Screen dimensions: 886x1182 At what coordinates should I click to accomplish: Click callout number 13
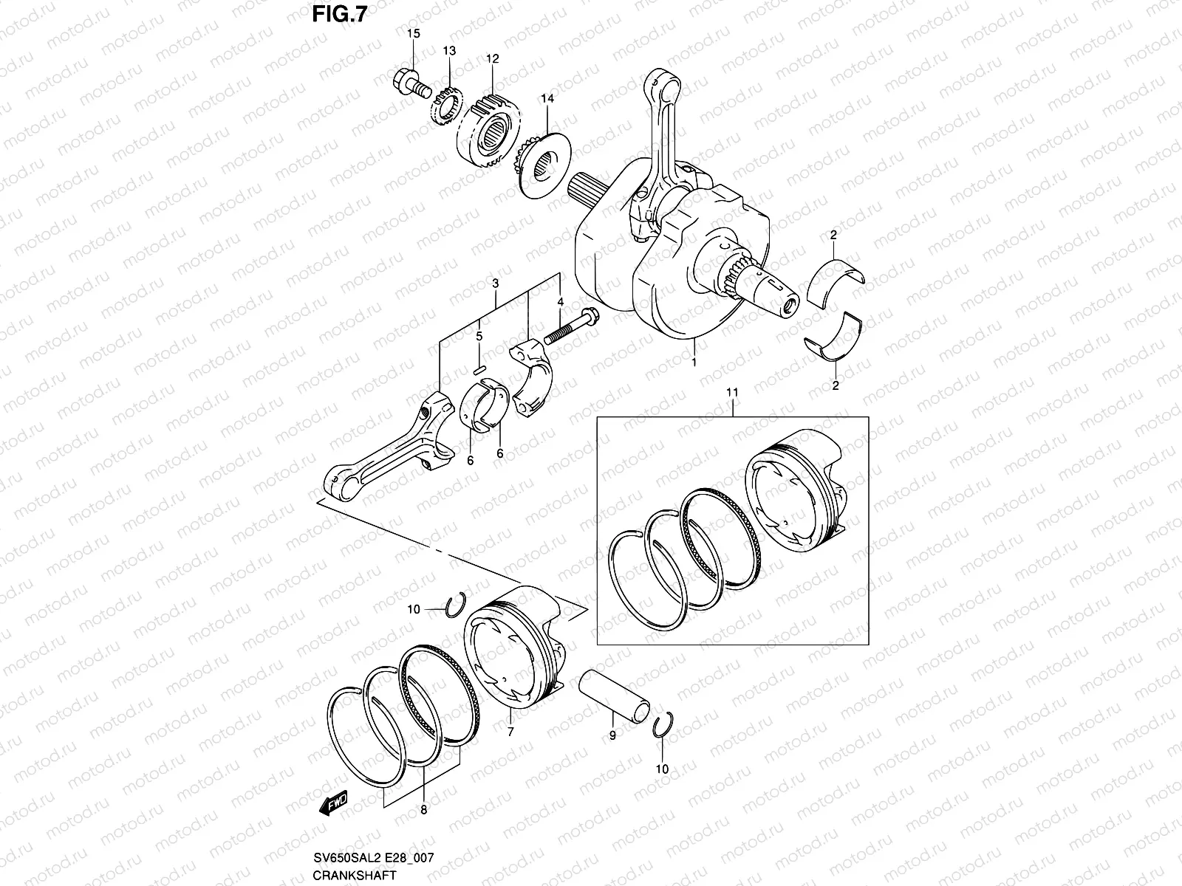tap(449, 50)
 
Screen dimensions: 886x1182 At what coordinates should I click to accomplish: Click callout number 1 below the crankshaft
tap(694, 363)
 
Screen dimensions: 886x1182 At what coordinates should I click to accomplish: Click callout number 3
tap(495, 283)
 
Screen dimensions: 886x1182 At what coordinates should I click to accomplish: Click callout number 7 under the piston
tap(510, 730)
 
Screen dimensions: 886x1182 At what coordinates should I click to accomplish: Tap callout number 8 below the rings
tap(423, 809)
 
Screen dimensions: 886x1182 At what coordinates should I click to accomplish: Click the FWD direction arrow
tap(334, 805)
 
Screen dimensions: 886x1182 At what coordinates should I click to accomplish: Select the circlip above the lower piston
tap(456, 604)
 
